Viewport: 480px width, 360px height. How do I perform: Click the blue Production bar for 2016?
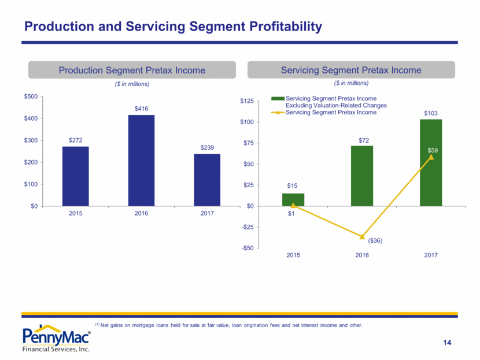coord(142,161)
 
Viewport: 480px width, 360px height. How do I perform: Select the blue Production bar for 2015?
coord(76,176)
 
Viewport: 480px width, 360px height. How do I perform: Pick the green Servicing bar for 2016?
coord(362,176)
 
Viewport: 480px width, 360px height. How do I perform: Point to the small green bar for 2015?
coord(293,200)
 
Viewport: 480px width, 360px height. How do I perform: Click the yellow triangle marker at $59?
coord(431,157)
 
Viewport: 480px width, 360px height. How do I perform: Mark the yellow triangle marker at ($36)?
coord(362,236)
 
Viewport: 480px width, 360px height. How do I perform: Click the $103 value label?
coord(431,113)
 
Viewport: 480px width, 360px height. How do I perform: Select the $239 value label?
coord(207,148)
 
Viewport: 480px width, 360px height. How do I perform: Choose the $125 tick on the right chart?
coord(246,101)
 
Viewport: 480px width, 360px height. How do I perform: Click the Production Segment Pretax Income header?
coord(132,70)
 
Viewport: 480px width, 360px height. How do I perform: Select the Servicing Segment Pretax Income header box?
coord(351,70)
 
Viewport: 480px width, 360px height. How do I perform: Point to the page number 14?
coord(447,343)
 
